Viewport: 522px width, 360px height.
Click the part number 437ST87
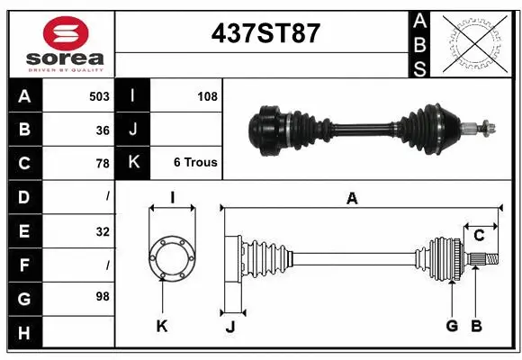pos(265,33)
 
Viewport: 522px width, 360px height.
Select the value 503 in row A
pos(99,96)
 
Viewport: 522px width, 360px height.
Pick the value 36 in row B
pos(102,130)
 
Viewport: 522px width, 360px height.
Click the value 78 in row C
pos(102,164)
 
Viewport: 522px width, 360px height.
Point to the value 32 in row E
pos(102,231)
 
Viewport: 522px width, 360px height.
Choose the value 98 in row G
pos(102,296)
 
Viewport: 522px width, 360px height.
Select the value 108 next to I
pos(207,96)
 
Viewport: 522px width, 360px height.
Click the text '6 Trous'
pos(195,163)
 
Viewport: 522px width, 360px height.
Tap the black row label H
pos(24,334)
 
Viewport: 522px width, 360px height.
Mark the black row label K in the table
pos(132,163)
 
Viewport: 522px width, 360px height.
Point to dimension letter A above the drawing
pos(352,199)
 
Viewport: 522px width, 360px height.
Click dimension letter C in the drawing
pos(479,236)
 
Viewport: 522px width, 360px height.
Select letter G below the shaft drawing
pos(452,326)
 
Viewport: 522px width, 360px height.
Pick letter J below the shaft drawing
pos(229,327)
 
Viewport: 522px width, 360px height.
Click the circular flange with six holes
pos(171,257)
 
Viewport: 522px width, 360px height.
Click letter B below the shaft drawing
pos(476,326)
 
